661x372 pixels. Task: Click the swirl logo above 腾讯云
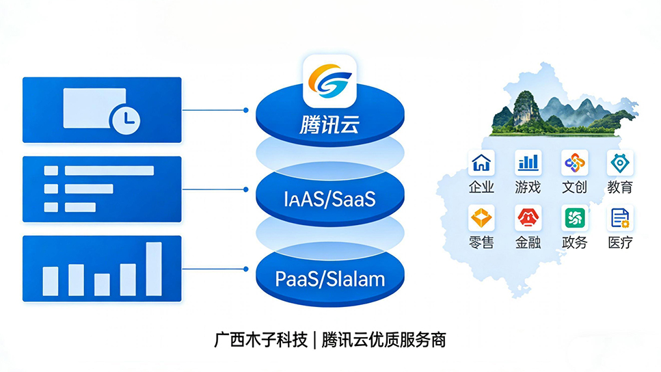point(331,81)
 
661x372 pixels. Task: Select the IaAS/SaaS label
point(329,200)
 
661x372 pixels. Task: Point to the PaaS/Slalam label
point(330,279)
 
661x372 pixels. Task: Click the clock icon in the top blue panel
point(125,120)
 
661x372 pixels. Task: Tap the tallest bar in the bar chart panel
point(154,268)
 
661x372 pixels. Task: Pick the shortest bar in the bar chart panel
point(102,284)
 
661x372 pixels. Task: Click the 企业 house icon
point(481,163)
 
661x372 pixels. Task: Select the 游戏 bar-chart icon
point(528,163)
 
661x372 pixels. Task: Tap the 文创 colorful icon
point(574,163)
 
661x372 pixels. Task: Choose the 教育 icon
point(620,163)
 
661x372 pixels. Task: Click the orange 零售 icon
point(481,218)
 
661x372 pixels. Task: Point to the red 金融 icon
point(528,218)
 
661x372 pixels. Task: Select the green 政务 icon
point(574,218)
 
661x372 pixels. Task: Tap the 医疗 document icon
point(620,218)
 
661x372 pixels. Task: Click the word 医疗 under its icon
point(620,242)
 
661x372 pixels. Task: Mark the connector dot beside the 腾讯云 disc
point(245,109)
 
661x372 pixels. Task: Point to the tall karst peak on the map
point(525,107)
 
